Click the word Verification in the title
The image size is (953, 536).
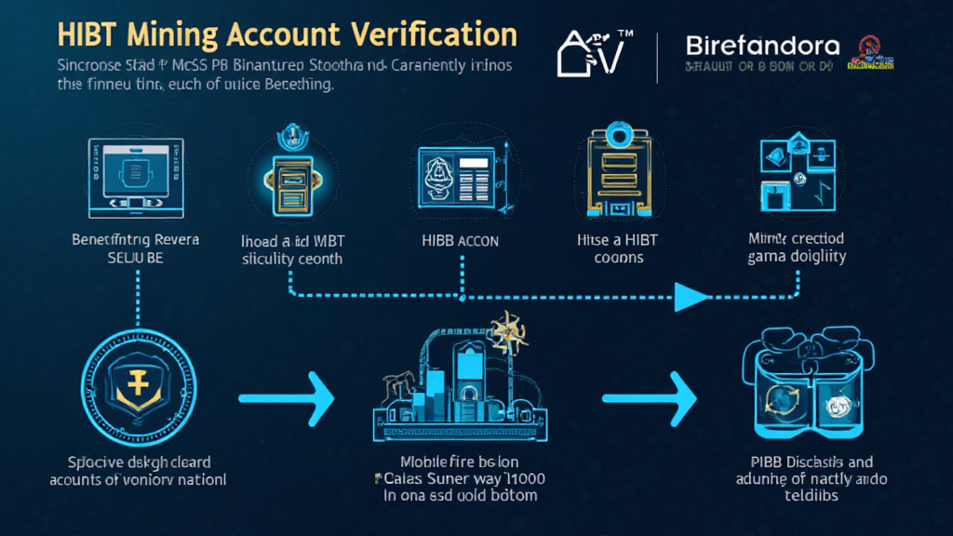tap(434, 35)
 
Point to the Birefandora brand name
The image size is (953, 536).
tap(761, 45)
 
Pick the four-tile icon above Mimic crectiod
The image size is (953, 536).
tap(797, 173)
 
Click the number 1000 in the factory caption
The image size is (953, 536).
tap(526, 478)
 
